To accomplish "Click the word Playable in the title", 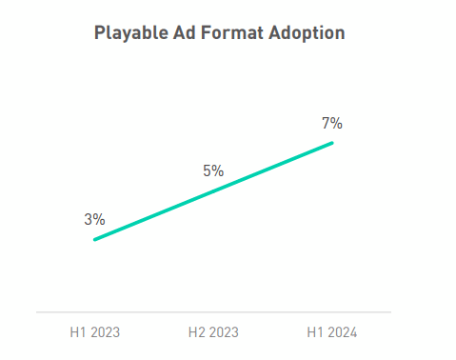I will [x=129, y=33].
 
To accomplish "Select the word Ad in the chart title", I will [x=179, y=33].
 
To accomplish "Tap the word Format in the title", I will [x=227, y=33].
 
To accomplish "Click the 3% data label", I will [x=94, y=219].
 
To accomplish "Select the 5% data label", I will [x=212, y=171].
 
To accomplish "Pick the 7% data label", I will [x=331, y=123].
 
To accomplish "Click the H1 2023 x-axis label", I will [x=94, y=332].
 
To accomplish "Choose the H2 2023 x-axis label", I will [x=213, y=332].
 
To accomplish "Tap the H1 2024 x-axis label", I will [x=331, y=332].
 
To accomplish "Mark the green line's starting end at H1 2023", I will [x=95, y=239].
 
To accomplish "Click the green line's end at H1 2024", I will [x=332, y=143].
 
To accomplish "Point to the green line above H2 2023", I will [x=213, y=191].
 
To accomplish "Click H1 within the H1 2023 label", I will [x=77, y=332].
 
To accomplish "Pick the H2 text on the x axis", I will [x=196, y=332].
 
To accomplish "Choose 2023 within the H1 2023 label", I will [x=105, y=332].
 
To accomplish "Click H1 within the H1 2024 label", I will [x=314, y=332].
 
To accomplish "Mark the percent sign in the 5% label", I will [x=218, y=171].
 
